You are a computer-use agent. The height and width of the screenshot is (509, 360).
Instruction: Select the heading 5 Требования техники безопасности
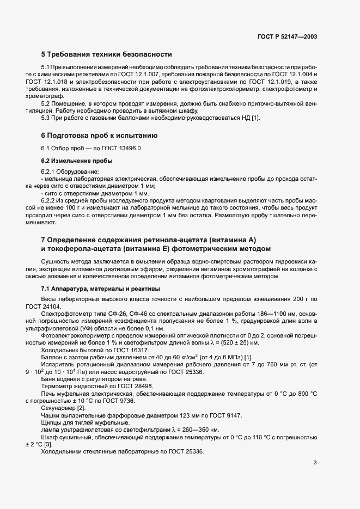pos(106,54)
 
